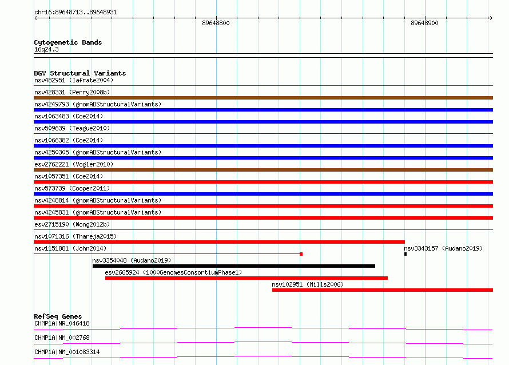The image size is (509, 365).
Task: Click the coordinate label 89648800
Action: click(x=216, y=23)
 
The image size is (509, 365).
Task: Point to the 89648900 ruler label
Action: click(x=424, y=23)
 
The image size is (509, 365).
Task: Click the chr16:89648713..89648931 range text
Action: click(x=75, y=13)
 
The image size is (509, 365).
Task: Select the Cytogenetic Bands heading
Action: click(x=68, y=42)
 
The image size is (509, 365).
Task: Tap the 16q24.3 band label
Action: click(x=46, y=49)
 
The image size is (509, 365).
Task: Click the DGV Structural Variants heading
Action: click(x=80, y=73)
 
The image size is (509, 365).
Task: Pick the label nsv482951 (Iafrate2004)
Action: click(x=74, y=80)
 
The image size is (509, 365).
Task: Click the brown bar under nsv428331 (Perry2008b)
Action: click(x=263, y=98)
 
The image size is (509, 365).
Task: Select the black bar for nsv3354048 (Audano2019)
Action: click(x=234, y=266)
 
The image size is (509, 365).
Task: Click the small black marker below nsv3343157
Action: click(x=405, y=254)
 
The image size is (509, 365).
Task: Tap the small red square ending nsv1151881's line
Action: click(x=301, y=254)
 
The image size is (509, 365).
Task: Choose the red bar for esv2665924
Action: click(x=246, y=278)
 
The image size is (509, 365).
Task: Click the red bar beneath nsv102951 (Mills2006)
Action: click(x=383, y=290)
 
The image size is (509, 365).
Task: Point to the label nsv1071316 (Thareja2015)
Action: click(x=75, y=236)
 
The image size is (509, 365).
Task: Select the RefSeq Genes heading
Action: click(x=58, y=316)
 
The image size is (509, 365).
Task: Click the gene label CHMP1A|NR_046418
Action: click(x=62, y=323)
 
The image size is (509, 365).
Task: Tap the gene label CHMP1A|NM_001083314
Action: click(x=67, y=352)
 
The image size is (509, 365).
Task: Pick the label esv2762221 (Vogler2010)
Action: click(x=74, y=164)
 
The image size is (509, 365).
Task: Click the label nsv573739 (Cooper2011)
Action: click(x=72, y=188)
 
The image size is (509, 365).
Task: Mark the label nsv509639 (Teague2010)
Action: click(x=72, y=128)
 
